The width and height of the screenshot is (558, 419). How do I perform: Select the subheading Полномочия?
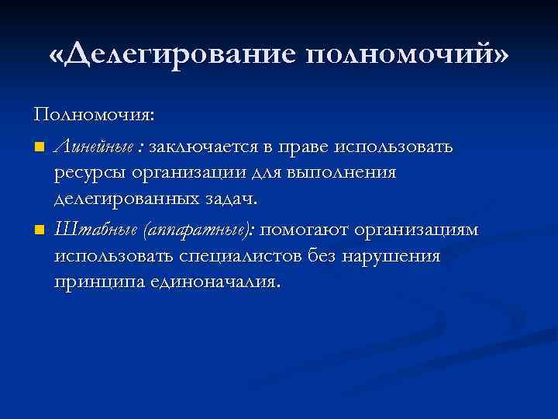click(94, 115)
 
